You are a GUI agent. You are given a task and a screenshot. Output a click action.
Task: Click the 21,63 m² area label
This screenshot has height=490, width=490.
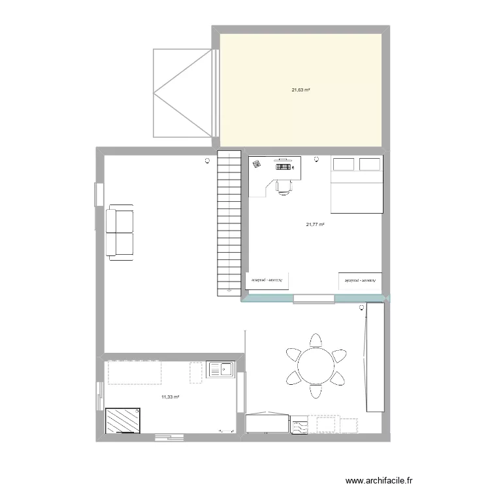pos(301,90)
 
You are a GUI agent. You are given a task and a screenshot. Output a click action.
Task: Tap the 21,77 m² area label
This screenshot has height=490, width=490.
pos(315,225)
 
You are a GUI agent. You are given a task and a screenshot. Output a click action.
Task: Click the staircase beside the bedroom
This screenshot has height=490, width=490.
pos(229,222)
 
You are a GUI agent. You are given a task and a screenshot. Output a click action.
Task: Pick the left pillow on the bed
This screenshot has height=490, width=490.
pos(344,164)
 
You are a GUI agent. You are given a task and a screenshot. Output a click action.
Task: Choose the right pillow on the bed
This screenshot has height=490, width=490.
pos(369,164)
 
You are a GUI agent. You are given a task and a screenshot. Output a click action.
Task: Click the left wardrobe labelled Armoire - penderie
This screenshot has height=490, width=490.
pos(268,280)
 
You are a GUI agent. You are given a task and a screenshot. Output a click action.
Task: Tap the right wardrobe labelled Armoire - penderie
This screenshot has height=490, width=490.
pos(361,280)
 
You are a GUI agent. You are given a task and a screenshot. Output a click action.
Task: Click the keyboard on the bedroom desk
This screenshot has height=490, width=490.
pos(283,167)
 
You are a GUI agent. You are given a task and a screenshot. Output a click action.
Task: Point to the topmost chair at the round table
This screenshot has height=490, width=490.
pos(316,341)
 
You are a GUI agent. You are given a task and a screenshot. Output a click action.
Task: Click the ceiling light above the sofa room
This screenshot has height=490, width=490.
pos(208,160)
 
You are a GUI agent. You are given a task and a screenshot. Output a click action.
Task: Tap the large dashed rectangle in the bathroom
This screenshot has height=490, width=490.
pos(135,372)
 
